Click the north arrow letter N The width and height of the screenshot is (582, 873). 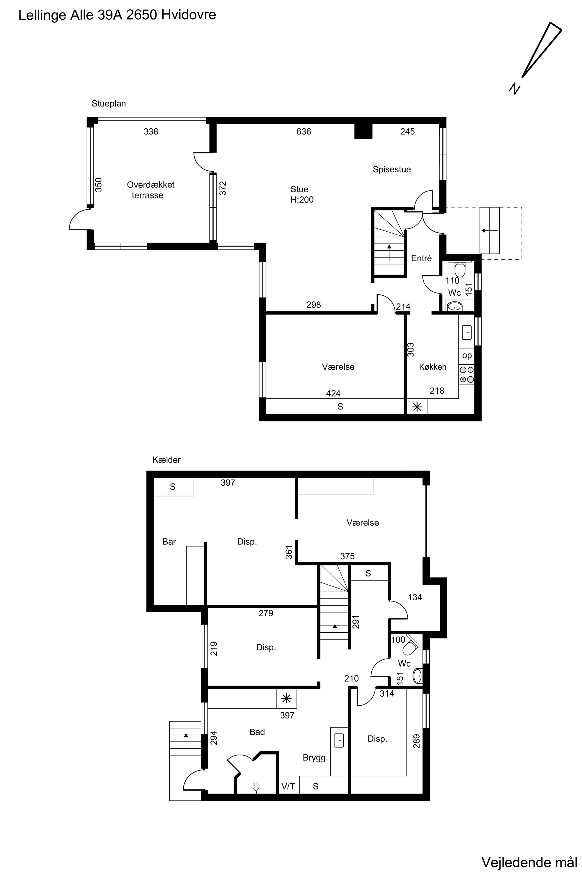[x=514, y=89]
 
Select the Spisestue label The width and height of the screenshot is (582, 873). [x=392, y=169]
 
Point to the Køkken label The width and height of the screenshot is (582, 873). [x=432, y=367]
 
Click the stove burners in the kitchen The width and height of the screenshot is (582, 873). [x=466, y=374]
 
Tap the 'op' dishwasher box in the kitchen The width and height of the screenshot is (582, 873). [x=466, y=356]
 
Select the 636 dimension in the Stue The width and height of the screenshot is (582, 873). [x=304, y=132]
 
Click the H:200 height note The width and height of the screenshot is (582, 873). [x=302, y=200]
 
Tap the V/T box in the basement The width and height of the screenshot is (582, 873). [x=288, y=786]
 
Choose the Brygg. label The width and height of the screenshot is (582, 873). [x=315, y=758]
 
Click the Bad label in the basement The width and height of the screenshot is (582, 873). [x=257, y=732]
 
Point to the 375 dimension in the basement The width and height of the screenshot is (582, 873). [x=347, y=556]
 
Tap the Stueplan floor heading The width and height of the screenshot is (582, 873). [x=109, y=104]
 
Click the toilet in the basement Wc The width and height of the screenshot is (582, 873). [x=410, y=647]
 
